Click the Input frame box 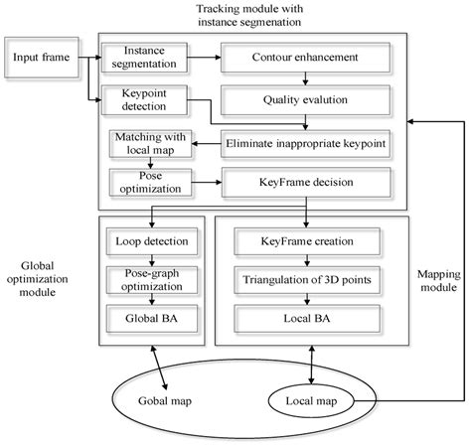coord(41,57)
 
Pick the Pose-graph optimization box coord(151,279)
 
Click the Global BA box coord(151,319)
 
